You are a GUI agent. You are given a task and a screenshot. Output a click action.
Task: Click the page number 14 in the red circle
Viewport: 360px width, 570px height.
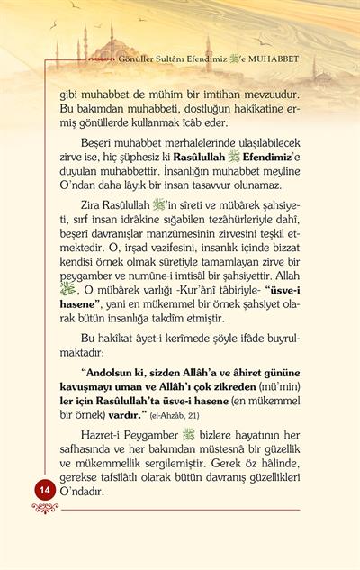(x=43, y=488)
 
